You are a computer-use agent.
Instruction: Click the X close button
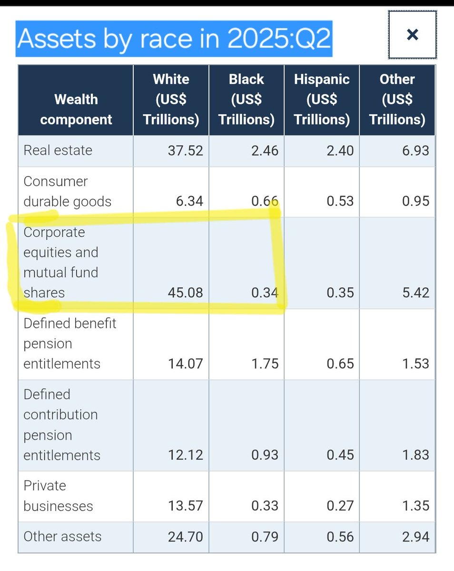point(412,35)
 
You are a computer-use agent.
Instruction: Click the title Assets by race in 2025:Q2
point(174,39)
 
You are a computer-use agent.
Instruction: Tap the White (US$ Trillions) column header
point(171,99)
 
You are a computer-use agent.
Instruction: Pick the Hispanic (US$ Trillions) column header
point(322,99)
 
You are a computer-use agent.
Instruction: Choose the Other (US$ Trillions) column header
point(397,99)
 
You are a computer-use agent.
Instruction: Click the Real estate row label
point(58,150)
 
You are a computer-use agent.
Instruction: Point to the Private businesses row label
point(58,495)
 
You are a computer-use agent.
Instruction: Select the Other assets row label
point(62,536)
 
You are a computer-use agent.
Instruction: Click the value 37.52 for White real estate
point(185,151)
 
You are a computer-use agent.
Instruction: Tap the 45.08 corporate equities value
point(185,293)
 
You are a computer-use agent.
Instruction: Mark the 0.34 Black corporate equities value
point(265,293)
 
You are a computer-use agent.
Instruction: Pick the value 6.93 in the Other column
point(415,151)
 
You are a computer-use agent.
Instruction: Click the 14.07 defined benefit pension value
point(185,364)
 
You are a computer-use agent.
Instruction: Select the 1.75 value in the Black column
point(265,364)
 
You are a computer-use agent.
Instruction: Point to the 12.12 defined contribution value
point(185,455)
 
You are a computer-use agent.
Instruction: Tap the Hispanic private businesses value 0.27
point(340,506)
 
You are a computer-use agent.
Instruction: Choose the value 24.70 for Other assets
point(185,537)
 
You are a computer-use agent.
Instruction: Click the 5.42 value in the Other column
point(415,293)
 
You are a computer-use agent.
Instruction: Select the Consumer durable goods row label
point(67,191)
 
